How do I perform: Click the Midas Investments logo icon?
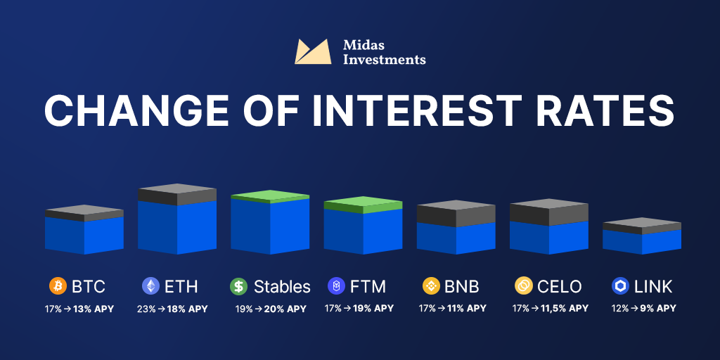coord(313,51)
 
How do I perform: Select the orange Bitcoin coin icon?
coord(58,286)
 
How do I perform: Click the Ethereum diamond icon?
coord(150,286)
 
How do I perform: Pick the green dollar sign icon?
coord(239,286)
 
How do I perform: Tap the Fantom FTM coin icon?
coord(336,286)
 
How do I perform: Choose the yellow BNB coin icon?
coord(431,286)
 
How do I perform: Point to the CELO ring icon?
coord(523,286)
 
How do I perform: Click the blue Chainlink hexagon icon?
coord(620,286)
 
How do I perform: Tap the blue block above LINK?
coord(642,242)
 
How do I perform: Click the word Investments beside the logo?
coord(385,60)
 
